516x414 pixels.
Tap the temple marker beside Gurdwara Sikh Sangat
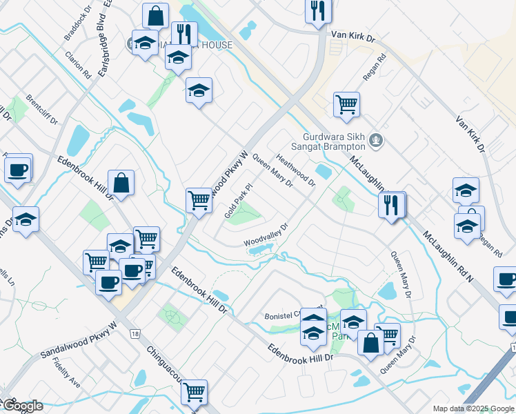click(x=376, y=141)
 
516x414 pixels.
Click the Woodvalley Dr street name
click(x=264, y=235)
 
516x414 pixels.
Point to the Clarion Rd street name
click(x=78, y=63)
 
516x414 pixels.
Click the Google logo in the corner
click(x=22, y=406)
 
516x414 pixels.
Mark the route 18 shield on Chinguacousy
click(x=132, y=333)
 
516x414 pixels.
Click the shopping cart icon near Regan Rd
click(x=346, y=105)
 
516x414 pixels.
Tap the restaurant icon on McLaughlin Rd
click(x=391, y=204)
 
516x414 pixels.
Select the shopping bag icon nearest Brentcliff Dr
click(x=121, y=183)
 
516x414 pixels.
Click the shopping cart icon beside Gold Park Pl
click(x=199, y=200)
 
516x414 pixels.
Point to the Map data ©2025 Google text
click(x=474, y=408)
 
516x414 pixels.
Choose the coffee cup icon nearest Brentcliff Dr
click(x=19, y=169)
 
